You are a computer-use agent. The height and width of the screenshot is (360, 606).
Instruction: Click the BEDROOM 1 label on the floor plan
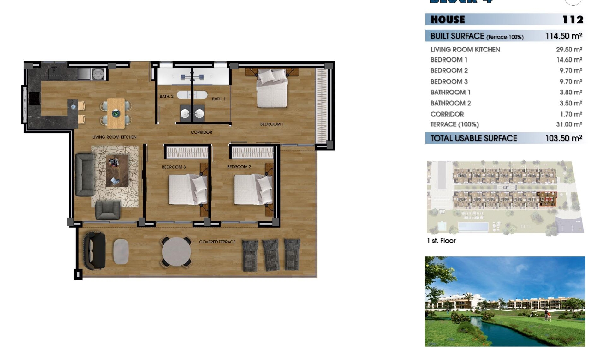[x=272, y=124]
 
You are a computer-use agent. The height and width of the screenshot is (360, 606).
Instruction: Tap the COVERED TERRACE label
[x=217, y=242]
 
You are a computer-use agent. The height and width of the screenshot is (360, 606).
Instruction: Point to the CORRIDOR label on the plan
[x=201, y=132]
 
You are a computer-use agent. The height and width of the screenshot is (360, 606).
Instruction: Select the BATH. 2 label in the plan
[x=166, y=96]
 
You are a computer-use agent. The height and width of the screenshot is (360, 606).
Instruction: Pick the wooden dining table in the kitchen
[x=116, y=113]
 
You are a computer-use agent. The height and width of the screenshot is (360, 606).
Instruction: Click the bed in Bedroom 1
[x=272, y=89]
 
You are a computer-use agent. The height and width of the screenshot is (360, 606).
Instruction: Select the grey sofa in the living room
[x=84, y=175]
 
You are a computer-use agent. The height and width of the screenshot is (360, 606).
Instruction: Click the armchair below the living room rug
[x=108, y=210]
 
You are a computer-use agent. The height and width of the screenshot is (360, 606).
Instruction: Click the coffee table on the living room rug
[x=117, y=171]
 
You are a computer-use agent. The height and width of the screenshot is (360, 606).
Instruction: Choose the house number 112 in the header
[x=573, y=20]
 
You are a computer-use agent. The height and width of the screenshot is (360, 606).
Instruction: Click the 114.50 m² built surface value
[x=563, y=36]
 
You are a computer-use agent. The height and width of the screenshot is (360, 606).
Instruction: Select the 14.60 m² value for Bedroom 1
[x=569, y=60]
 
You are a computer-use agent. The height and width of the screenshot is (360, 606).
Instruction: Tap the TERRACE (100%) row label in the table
[x=454, y=124]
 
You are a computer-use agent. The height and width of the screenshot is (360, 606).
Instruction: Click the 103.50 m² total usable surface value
[x=563, y=138]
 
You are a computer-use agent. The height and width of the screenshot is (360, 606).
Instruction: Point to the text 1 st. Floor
[x=441, y=241]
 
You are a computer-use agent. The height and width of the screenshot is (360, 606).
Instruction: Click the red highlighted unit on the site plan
[x=547, y=199]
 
